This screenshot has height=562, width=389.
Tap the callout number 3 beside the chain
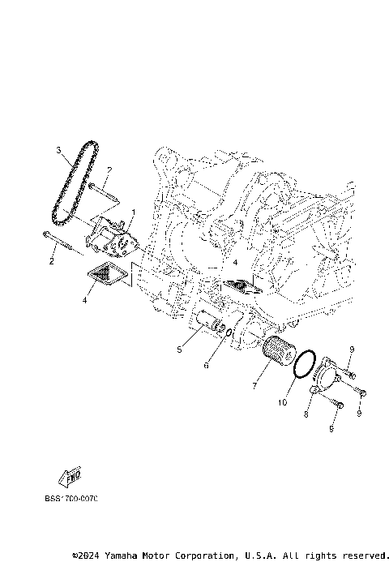click(59, 150)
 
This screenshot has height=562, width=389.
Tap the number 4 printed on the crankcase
click(236, 264)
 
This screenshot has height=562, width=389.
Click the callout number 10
click(283, 401)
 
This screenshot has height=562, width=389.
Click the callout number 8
click(306, 414)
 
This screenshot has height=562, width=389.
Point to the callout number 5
click(180, 350)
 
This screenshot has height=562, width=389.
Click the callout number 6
click(206, 366)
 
